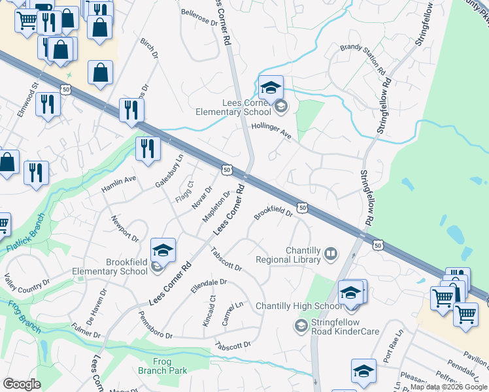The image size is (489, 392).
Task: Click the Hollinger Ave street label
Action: [x=271, y=133]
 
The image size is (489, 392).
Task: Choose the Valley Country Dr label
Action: [x=27, y=283]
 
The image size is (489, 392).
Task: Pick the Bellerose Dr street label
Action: [x=198, y=18]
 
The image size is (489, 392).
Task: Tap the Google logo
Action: [x=22, y=384]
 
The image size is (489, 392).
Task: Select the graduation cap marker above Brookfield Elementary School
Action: [x=163, y=250]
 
